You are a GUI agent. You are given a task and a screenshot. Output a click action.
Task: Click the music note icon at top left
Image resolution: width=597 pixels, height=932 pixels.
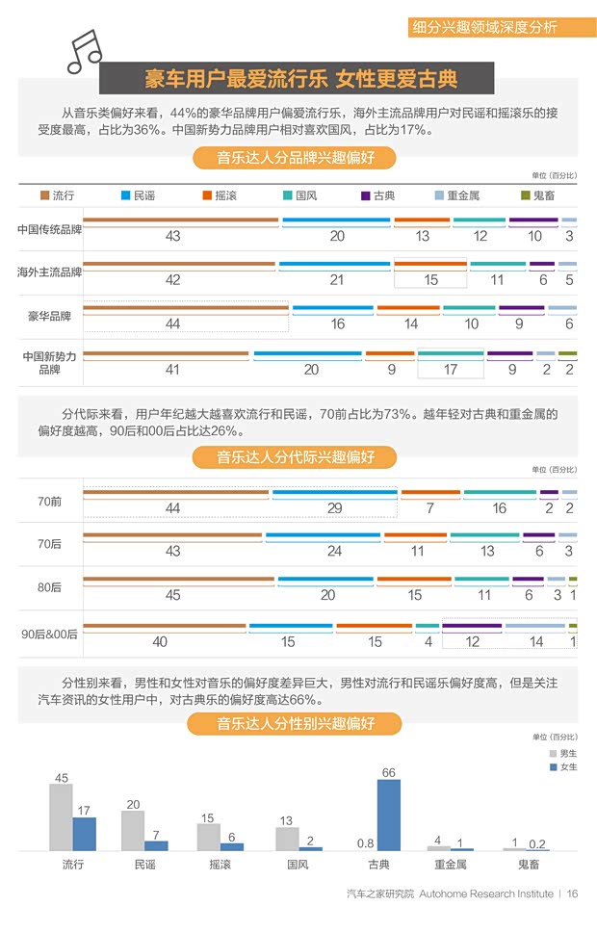coord(84,51)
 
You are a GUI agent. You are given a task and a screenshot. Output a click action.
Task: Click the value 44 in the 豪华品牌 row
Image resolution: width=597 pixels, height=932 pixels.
coord(173,324)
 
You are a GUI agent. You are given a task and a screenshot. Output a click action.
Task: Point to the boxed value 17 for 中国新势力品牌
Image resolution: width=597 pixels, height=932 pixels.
coord(450,369)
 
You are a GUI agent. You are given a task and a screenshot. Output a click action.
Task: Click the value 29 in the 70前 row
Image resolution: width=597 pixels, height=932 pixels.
coord(334,508)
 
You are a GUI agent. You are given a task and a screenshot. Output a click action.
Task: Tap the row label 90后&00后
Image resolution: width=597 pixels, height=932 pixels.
coord(49,634)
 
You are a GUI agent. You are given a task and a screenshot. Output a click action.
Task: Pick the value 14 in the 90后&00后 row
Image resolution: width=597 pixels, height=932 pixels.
coord(536,641)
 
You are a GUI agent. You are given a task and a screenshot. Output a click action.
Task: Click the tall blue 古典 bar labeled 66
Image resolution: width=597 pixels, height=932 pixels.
coord(388,815)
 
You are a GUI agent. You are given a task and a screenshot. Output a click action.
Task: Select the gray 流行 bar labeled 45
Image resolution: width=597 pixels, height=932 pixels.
coord(61,816)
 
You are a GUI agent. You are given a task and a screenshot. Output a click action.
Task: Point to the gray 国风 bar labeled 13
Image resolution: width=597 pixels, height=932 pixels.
coord(287,839)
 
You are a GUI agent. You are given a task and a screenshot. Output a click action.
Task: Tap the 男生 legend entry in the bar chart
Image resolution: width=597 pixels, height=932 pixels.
coord(562,753)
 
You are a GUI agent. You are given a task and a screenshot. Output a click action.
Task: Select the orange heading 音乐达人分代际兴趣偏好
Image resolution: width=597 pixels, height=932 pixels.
coord(295,455)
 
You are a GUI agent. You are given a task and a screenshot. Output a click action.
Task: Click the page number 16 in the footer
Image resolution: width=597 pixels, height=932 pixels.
coord(572,893)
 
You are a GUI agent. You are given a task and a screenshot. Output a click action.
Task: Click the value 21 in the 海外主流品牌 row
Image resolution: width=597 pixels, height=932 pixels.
coord(337,280)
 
